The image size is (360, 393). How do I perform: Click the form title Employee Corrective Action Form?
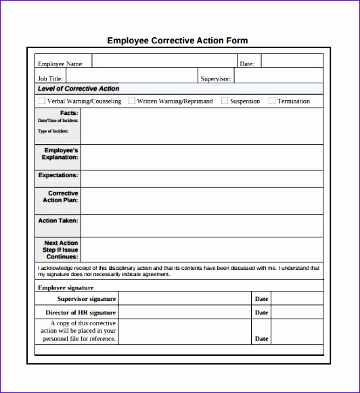[178, 41]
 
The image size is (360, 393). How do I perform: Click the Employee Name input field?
[163, 63]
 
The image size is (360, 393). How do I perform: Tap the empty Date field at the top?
[292, 63]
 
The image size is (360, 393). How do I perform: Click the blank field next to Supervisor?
[278, 78]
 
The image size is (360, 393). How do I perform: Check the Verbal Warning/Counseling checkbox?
[42, 101]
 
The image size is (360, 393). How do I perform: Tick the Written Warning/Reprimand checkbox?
[131, 101]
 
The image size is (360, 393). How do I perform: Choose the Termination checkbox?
[272, 101]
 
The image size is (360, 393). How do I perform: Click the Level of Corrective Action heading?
[78, 89]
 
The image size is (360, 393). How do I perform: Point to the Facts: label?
[69, 113]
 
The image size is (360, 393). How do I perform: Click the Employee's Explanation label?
[61, 154]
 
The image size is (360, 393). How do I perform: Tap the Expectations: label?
[58, 175]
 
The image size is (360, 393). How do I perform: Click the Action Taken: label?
[58, 221]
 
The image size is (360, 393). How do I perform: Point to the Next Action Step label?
[61, 250]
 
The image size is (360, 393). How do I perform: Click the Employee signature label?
[66, 287]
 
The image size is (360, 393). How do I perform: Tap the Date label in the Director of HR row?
[261, 313]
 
